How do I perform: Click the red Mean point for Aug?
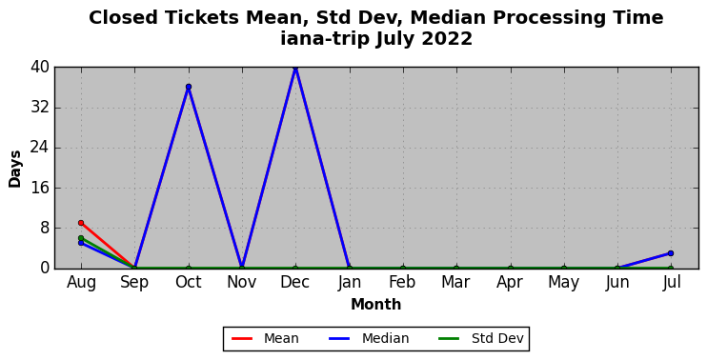point(81,223)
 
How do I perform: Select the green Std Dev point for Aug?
point(81,238)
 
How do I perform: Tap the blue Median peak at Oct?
point(189,87)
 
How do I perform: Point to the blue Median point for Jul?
point(671,253)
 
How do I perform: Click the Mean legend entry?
point(265,338)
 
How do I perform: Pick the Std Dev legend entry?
point(481,338)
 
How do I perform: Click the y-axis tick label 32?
point(40,109)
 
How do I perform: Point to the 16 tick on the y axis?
point(40,188)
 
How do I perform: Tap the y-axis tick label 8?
point(45,228)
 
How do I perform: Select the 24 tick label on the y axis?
point(40,149)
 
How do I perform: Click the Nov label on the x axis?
point(242,283)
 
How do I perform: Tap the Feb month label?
point(403,283)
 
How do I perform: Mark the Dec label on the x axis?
point(295,283)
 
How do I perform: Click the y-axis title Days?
point(15,169)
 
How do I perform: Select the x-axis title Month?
point(376,305)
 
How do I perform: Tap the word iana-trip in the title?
point(325,40)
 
